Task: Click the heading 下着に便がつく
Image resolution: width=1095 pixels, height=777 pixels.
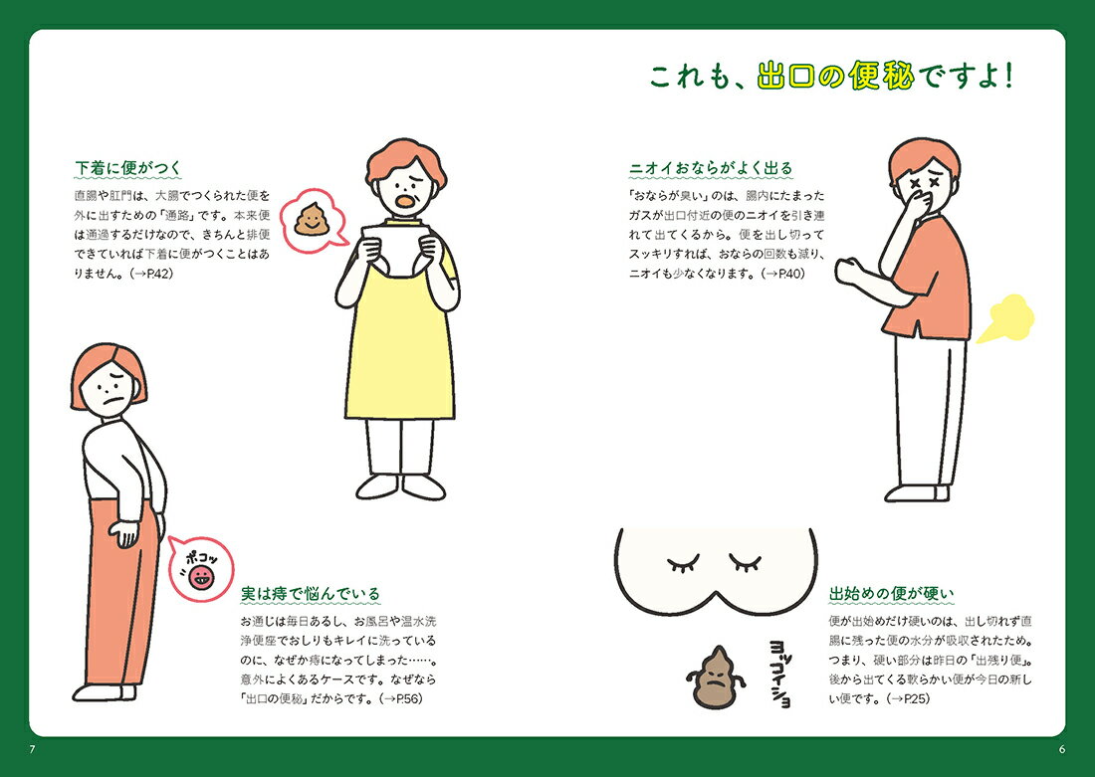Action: click(127, 167)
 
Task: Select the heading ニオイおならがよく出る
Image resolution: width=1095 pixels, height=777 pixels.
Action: click(711, 167)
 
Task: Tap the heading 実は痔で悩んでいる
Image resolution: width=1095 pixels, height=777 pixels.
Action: click(310, 593)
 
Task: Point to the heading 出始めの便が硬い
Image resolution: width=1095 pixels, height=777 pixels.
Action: click(891, 593)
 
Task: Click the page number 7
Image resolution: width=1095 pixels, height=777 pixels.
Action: click(32, 750)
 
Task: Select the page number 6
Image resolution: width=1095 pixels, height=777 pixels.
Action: click(1062, 750)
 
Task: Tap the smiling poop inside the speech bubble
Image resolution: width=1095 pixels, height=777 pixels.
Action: click(311, 219)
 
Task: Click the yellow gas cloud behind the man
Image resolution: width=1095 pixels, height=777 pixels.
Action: click(1005, 319)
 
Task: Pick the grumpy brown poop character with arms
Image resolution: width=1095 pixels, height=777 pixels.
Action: click(713, 677)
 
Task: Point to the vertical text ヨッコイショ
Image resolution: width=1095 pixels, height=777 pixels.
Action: click(779, 673)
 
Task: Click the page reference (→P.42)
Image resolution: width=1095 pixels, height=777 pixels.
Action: click(151, 274)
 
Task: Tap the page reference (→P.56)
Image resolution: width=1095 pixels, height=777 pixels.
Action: click(401, 698)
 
